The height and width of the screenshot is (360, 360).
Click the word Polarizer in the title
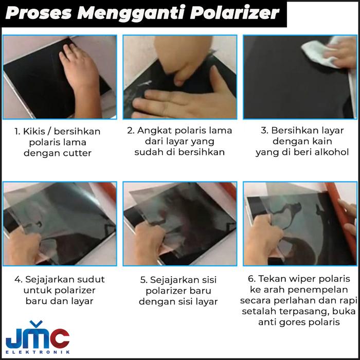point(235,13)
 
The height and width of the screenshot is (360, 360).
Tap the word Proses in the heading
point(39,13)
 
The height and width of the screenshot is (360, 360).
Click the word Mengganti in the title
point(131,14)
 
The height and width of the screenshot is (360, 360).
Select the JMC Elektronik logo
point(38,337)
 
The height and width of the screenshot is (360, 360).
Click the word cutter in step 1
point(77,153)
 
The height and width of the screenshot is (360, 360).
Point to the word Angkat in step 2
point(154,131)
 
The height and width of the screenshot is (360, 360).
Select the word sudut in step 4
point(91,279)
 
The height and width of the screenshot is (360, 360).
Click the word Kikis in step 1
point(34,131)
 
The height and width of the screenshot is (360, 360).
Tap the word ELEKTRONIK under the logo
point(38,352)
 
